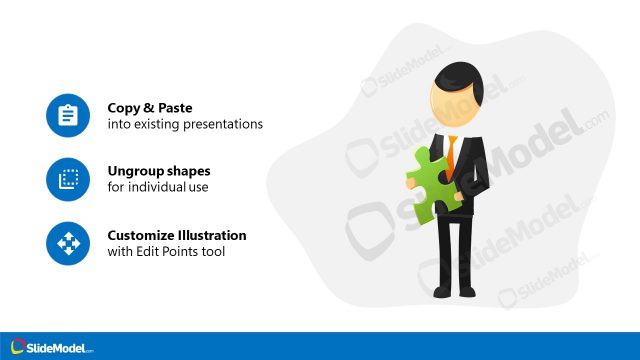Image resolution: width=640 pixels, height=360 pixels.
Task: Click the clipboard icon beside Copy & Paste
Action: [68, 116]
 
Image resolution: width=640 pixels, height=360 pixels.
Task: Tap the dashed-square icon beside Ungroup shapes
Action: [68, 180]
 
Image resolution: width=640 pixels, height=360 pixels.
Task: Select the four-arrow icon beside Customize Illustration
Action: [68, 244]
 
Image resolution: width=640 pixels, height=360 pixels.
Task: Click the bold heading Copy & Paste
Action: [150, 108]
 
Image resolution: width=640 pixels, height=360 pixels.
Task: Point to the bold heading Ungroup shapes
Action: [159, 171]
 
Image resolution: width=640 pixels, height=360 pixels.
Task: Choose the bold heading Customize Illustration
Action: [177, 235]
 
